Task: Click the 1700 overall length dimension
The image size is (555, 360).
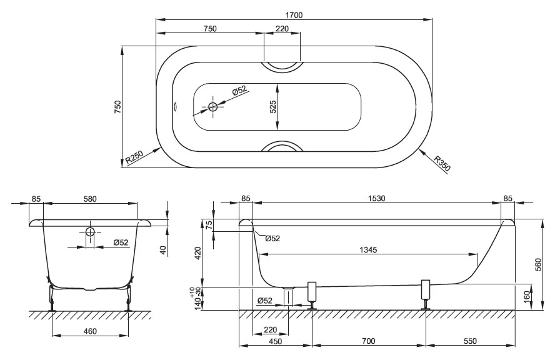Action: [294, 15]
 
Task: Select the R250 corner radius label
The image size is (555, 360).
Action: [134, 159]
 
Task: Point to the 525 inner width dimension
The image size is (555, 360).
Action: [273, 107]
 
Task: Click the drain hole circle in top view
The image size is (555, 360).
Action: [212, 106]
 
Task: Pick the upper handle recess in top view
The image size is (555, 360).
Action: [282, 66]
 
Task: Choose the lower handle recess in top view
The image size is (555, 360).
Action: [282, 146]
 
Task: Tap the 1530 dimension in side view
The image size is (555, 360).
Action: [376, 199]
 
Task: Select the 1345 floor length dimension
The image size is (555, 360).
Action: [368, 249]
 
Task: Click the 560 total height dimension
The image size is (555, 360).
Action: [538, 264]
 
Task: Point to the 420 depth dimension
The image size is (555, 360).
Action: [198, 254]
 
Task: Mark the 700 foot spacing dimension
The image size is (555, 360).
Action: [369, 341]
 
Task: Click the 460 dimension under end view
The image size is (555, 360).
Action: [90, 331]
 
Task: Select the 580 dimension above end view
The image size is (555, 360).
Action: [90, 199]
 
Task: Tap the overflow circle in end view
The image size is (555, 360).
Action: [90, 232]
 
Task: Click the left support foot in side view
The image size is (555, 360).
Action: [312, 296]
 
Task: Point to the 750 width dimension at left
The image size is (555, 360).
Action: [117, 107]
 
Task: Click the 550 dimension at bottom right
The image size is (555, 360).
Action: [470, 341]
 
